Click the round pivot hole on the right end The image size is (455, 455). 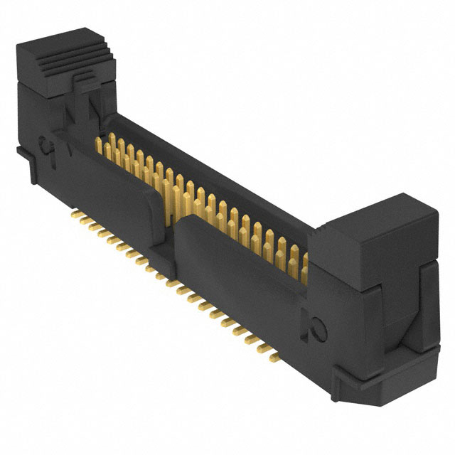click(318, 328)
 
